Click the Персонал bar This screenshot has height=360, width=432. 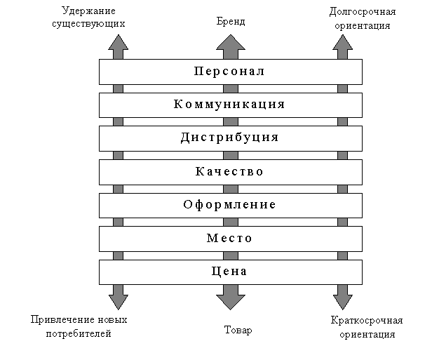coord(230,71)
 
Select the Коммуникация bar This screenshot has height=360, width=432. coord(230,105)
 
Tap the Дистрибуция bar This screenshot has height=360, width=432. coord(230,138)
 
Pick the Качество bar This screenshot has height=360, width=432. coord(230,171)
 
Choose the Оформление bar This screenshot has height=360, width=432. coord(230,205)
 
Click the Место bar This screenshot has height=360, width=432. coord(230,238)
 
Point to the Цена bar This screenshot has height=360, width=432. coord(230,272)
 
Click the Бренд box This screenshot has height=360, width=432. coord(231,23)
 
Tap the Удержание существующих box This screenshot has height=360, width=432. coord(89,18)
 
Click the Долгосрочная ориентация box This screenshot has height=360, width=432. coord(362,19)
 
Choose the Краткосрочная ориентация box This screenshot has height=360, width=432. coord(365,327)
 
